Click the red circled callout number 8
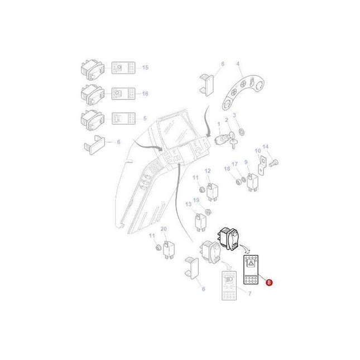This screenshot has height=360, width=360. pyautogui.click(x=271, y=283)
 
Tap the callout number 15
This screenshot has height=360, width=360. pyautogui.click(x=145, y=68)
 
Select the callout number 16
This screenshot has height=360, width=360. pyautogui.click(x=145, y=93)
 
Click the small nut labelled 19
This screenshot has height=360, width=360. pyautogui.click(x=208, y=212)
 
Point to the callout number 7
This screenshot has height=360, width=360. pyautogui.click(x=249, y=294)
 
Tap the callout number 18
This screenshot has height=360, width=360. pyautogui.click(x=226, y=168)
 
